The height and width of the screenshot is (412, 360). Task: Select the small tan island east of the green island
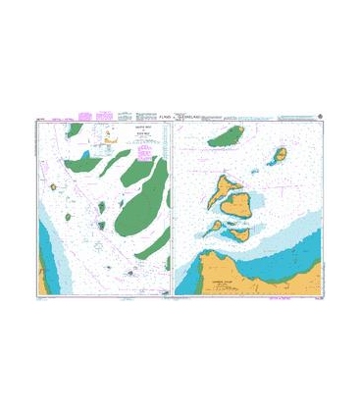point(280,155)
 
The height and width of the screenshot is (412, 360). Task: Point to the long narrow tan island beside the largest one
point(228,184)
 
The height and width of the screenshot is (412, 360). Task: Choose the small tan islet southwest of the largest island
point(214,226)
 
